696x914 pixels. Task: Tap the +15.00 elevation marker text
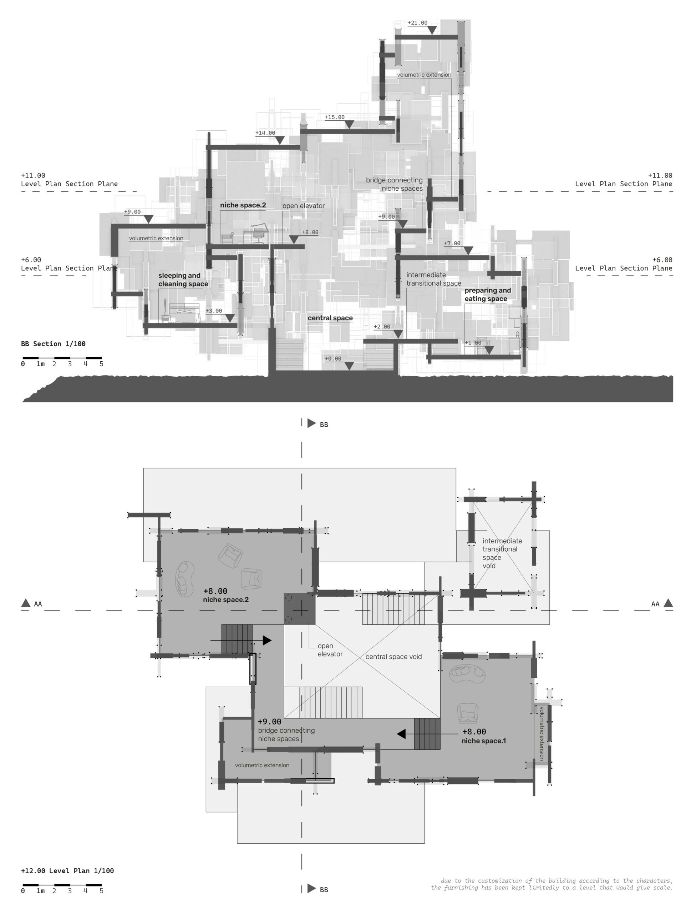(334, 117)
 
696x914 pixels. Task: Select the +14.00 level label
(265, 133)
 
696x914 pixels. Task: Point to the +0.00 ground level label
(333, 358)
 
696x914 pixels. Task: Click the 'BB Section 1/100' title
(53, 343)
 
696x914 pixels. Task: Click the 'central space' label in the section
(330, 318)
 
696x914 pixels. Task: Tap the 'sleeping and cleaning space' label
(183, 280)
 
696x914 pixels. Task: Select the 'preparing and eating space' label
(488, 295)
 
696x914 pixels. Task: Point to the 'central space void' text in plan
(393, 657)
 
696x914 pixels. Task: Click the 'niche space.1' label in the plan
(483, 741)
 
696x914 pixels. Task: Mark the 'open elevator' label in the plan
(330, 650)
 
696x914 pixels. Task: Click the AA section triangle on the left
(26, 603)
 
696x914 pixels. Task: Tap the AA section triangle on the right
(668, 603)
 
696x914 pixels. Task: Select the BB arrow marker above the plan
(311, 423)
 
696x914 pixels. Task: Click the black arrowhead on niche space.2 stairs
(267, 641)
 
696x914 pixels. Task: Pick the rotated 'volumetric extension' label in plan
(542, 733)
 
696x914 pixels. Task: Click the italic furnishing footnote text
(552, 884)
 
